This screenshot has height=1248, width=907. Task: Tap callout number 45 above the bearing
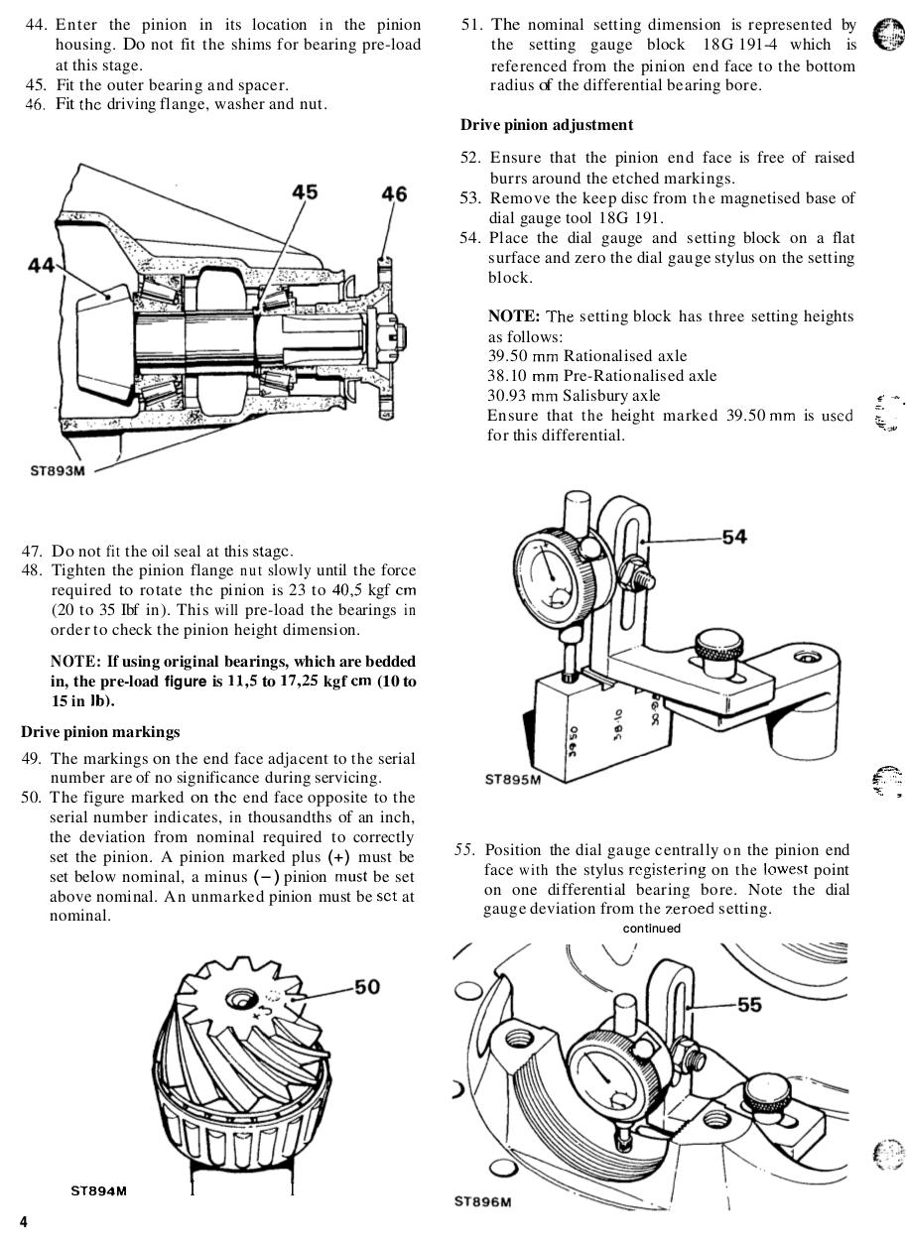pyautogui.click(x=305, y=192)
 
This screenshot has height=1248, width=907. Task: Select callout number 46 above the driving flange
pyautogui.click(x=393, y=194)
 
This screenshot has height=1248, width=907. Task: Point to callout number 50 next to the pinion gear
pyautogui.click(x=366, y=987)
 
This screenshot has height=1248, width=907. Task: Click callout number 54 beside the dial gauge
pyautogui.click(x=733, y=537)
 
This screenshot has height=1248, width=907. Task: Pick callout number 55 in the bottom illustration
pyautogui.click(x=749, y=1005)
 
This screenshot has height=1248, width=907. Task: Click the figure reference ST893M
pyautogui.click(x=58, y=470)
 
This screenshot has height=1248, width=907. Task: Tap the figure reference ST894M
pyautogui.click(x=98, y=1190)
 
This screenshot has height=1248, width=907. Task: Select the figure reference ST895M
pyautogui.click(x=513, y=779)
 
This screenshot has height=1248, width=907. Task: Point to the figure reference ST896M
pyautogui.click(x=483, y=1202)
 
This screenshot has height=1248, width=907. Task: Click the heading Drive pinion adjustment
pyautogui.click(x=546, y=125)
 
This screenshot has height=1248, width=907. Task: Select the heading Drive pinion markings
pyautogui.click(x=100, y=732)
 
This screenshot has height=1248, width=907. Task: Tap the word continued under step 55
pyautogui.click(x=652, y=929)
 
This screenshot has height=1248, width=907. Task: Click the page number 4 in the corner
pyautogui.click(x=24, y=1222)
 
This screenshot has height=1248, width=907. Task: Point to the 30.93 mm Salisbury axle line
pyautogui.click(x=573, y=396)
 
